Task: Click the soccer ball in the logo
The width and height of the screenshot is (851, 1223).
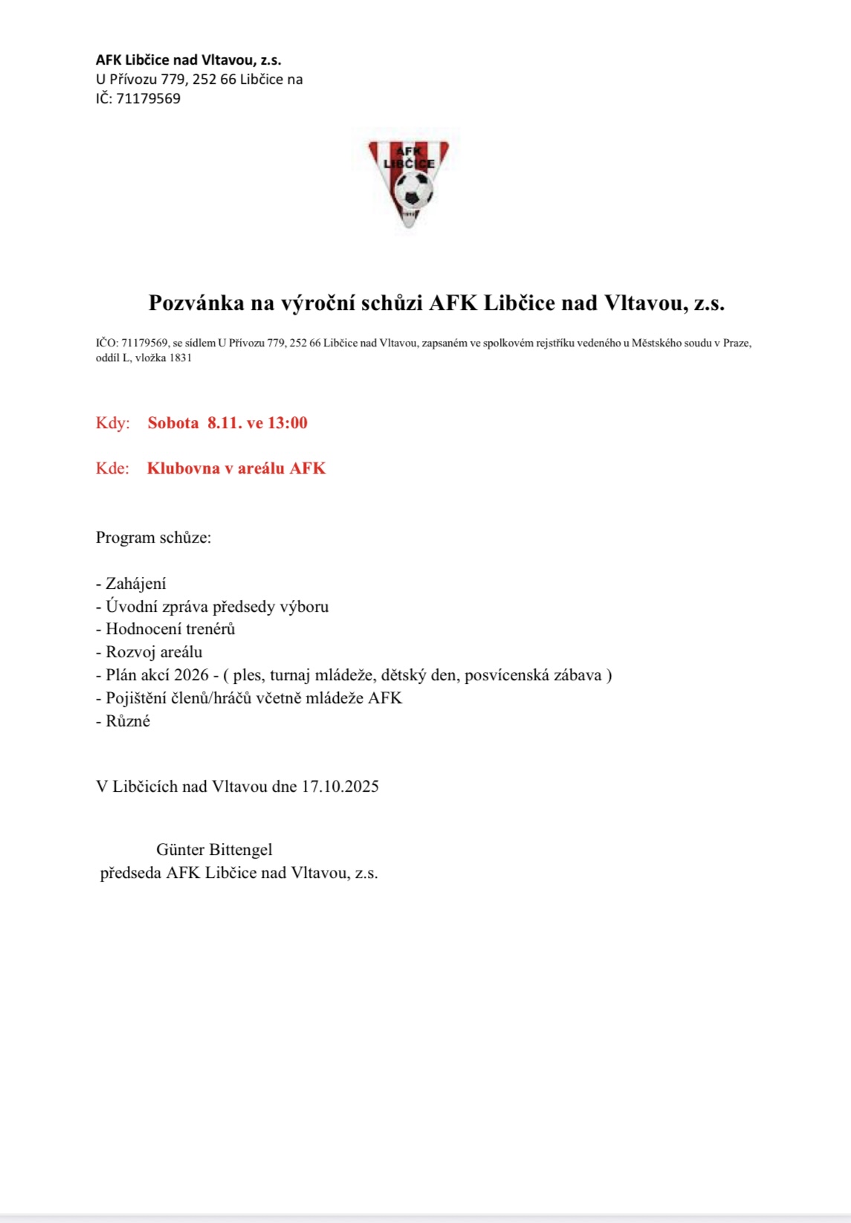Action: (x=413, y=190)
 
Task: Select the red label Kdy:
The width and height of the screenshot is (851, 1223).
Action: (x=113, y=423)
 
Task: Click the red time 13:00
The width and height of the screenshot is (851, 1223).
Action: (x=288, y=423)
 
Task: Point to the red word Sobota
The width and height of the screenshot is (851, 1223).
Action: (x=173, y=423)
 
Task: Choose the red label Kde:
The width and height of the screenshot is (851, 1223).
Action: (x=112, y=468)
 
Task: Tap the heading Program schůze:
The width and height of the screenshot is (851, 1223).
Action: (x=153, y=538)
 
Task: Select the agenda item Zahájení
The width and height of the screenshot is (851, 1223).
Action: (x=135, y=584)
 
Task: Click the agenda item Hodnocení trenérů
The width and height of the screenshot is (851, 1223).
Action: (x=170, y=629)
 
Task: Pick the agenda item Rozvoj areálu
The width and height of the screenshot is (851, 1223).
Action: (x=154, y=652)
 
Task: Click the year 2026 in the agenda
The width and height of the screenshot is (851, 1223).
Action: (x=191, y=675)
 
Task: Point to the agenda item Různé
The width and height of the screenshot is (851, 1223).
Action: (x=128, y=721)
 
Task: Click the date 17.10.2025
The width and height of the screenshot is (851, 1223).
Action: (x=340, y=787)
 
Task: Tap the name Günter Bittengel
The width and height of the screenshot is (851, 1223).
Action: (x=214, y=850)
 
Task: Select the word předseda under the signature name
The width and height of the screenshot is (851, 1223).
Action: (x=131, y=873)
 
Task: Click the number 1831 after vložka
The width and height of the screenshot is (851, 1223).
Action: (x=181, y=358)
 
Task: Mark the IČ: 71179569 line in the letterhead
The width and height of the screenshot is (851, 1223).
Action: (x=138, y=99)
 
